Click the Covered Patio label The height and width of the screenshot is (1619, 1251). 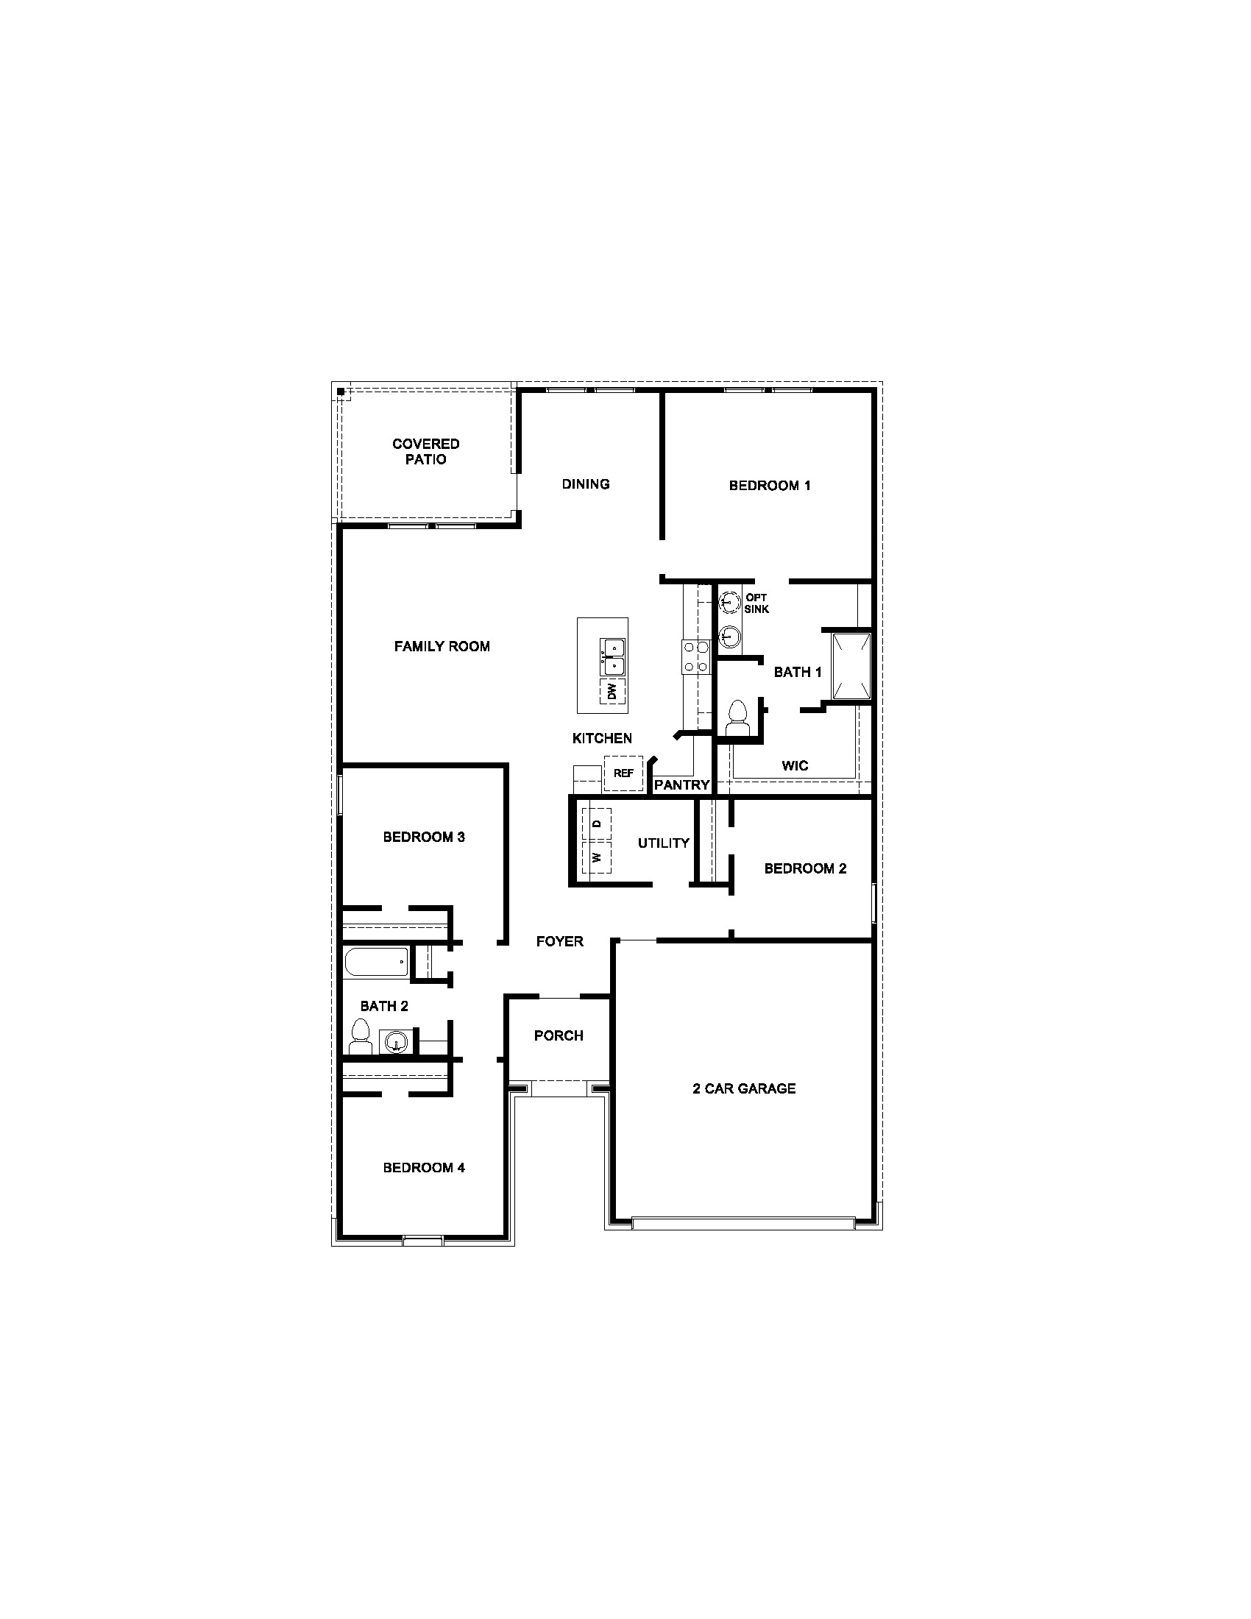pos(425,451)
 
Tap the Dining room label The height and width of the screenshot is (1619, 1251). pos(586,484)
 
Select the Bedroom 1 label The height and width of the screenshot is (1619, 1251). pos(769,486)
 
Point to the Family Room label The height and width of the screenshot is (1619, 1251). pos(442,646)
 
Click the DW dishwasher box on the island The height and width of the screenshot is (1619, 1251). pos(613,692)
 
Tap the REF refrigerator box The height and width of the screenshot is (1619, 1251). pos(623,773)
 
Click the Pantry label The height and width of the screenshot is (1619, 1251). pos(682,784)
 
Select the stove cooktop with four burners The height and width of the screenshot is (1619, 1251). pos(696,656)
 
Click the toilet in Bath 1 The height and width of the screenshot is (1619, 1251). pos(737,718)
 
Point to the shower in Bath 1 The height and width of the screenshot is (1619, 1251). pos(851,666)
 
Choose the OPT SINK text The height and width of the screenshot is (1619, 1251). pos(756,603)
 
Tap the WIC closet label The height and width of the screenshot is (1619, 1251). pos(795,765)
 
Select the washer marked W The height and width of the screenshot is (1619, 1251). pos(597,857)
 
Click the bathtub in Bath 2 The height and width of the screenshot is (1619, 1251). pos(376,963)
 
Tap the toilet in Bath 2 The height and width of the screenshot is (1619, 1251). pos(361,1036)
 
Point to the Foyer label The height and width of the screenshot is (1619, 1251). pos(559,941)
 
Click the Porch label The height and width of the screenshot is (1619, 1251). pos(559,1035)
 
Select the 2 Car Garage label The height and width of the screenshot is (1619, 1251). pos(744,1088)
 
